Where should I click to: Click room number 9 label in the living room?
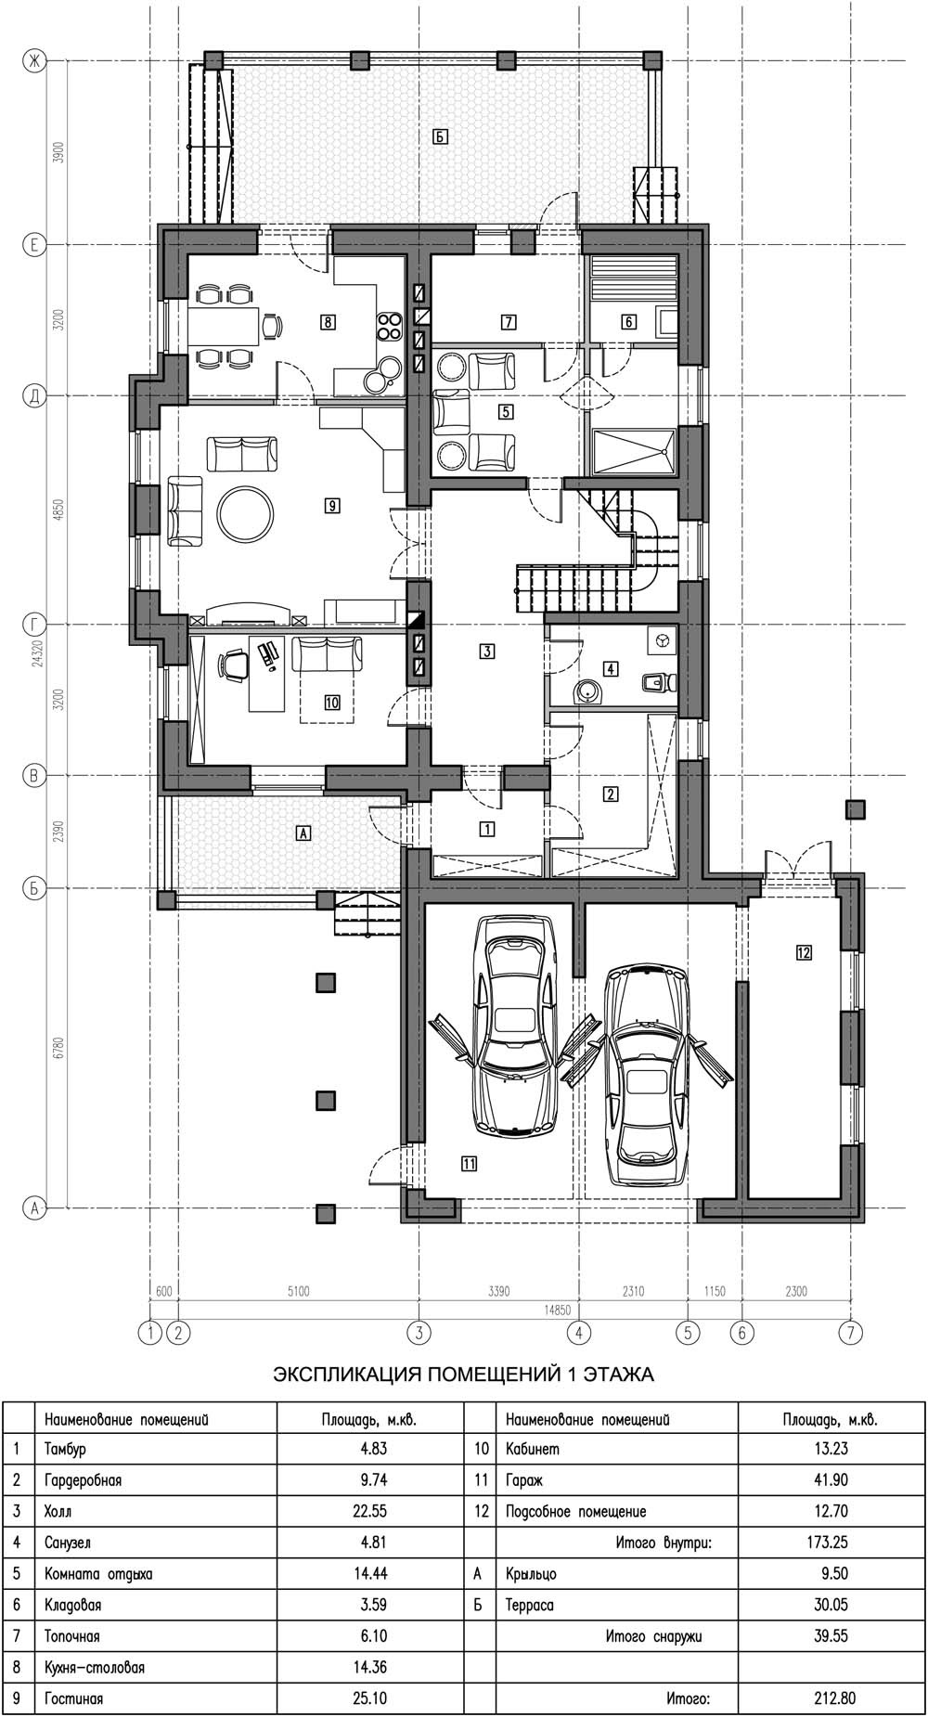click(x=331, y=506)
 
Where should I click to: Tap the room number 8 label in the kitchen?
click(x=328, y=323)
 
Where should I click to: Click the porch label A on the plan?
click(x=301, y=833)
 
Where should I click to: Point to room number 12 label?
click(x=804, y=951)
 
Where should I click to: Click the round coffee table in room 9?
click(x=245, y=509)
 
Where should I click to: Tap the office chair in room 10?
click(x=234, y=665)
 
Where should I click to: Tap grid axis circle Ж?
click(x=34, y=61)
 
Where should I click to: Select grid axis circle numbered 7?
click(x=850, y=1333)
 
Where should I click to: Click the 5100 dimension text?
click(x=298, y=1290)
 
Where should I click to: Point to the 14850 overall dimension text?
click(x=556, y=1310)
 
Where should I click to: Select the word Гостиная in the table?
click(x=74, y=1698)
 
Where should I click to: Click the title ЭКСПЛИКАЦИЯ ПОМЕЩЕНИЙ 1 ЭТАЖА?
click(x=463, y=1375)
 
